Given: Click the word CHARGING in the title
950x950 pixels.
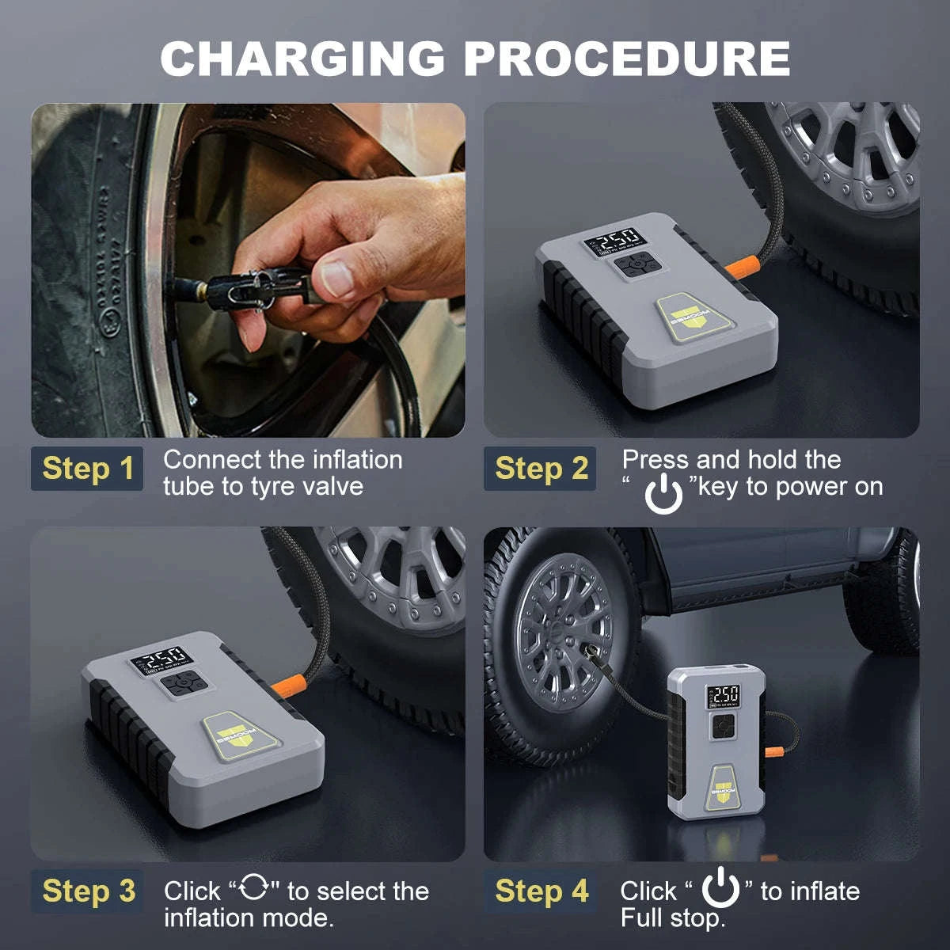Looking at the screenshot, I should (303, 59).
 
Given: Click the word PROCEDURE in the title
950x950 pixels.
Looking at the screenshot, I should (626, 59).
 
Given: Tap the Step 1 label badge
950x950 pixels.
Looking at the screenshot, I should (88, 468).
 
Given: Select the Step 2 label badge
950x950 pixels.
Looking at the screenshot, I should (541, 468).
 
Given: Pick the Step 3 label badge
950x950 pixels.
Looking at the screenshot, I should (88, 891).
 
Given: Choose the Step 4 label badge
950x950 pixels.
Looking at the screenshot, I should (541, 891).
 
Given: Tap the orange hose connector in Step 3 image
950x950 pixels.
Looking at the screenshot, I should (287, 686).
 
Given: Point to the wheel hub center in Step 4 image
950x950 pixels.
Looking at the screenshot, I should (564, 633).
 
